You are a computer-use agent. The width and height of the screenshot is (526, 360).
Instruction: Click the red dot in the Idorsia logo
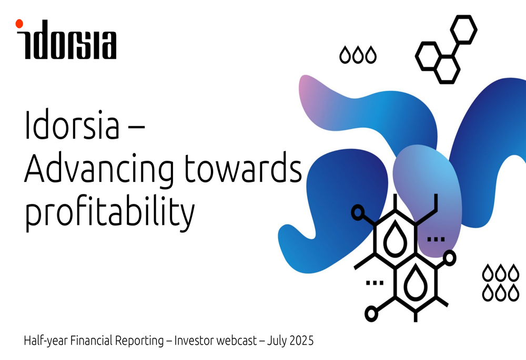coord(19,24)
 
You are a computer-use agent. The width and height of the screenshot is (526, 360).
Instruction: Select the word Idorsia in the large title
coord(72,125)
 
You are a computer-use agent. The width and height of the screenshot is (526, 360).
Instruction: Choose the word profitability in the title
coord(110,212)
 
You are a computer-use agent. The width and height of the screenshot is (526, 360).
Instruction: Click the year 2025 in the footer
coord(301,341)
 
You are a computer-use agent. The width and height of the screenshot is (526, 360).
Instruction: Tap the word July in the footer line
coord(277,341)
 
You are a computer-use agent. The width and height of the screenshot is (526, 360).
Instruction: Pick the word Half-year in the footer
coord(46,341)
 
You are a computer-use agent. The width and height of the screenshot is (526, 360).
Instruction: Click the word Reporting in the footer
coord(139,341)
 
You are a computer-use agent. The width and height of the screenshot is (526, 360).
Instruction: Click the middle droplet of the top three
coord(358,55)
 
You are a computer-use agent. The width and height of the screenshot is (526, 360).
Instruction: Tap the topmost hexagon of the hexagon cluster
coord(463,29)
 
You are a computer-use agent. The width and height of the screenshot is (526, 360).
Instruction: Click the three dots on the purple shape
coord(436,239)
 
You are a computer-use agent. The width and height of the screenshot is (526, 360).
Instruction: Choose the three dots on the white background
coord(375,283)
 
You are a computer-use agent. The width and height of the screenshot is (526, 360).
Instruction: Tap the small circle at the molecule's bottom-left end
coord(371,314)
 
